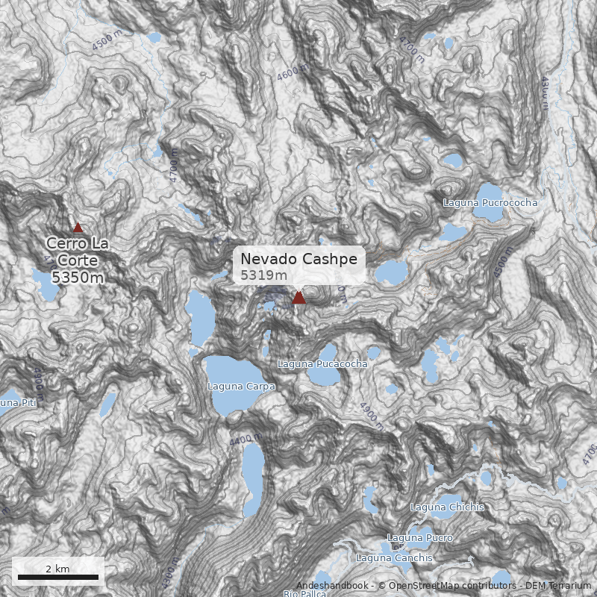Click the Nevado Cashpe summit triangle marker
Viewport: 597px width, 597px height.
pyautogui.click(x=298, y=298)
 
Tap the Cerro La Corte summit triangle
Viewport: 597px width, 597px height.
pyautogui.click(x=78, y=228)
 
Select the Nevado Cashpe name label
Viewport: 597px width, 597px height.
pyautogui.click(x=298, y=259)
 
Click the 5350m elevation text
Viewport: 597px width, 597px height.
pyautogui.click(x=78, y=278)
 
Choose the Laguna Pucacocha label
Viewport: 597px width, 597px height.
pyautogui.click(x=322, y=364)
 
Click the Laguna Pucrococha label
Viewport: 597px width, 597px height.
pyautogui.click(x=490, y=202)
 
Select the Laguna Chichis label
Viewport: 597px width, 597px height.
pyautogui.click(x=447, y=507)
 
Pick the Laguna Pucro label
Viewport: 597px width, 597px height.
pyautogui.click(x=420, y=538)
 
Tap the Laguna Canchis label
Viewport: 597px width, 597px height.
pyautogui.click(x=394, y=558)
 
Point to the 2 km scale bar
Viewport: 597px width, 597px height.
pyautogui.click(x=57, y=577)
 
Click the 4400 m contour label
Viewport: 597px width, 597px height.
pyautogui.click(x=246, y=440)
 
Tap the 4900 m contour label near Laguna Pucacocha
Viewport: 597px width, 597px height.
pyautogui.click(x=371, y=416)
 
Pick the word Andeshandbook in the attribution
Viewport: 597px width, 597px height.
pyautogui.click(x=331, y=586)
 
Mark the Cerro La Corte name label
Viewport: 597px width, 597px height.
pyautogui.click(x=78, y=251)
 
